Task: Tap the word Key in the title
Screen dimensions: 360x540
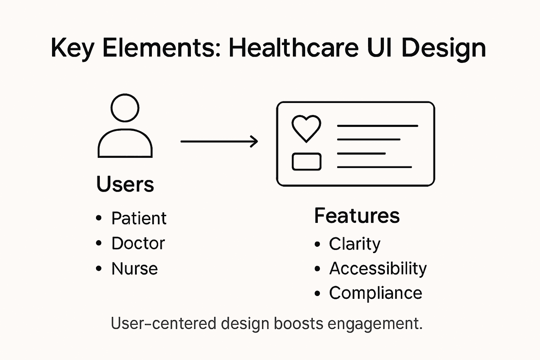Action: [72, 48]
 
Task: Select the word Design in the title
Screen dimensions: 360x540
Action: [443, 48]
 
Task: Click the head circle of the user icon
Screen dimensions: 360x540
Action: [125, 108]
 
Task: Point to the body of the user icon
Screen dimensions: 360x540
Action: [125, 144]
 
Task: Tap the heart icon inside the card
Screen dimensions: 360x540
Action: [306, 128]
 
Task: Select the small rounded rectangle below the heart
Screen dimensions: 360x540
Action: [307, 162]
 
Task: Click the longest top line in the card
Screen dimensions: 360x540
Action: [377, 126]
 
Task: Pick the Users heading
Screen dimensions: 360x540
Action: [125, 184]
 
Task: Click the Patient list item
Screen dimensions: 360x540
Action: [139, 218]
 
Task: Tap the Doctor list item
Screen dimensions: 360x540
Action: [138, 243]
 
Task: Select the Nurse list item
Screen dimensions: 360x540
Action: [135, 269]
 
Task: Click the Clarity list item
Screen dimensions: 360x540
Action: [354, 244]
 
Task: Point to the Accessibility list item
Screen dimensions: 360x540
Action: [378, 269]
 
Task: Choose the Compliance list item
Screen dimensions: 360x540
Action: [375, 293]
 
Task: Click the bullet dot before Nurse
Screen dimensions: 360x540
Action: [99, 269]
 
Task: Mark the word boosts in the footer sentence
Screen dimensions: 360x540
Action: [298, 323]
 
